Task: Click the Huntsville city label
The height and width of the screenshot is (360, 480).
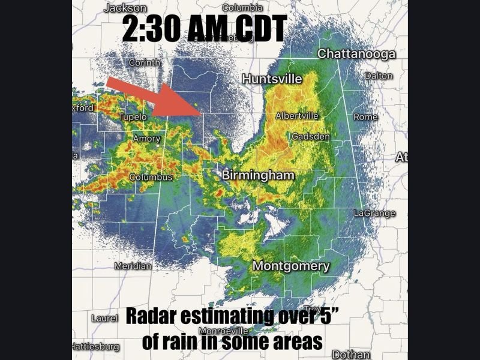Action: (x=272, y=79)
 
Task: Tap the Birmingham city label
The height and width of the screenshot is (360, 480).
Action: (x=258, y=175)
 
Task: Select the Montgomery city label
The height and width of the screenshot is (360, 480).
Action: (x=291, y=266)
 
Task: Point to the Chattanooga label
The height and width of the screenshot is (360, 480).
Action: (x=356, y=54)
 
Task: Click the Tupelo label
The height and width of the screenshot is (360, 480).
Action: (x=133, y=117)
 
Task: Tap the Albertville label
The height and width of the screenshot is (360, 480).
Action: (x=296, y=116)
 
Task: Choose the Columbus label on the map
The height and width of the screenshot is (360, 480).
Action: (x=151, y=177)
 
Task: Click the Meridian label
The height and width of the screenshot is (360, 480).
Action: (x=133, y=266)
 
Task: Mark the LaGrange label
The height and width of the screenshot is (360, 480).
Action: (x=374, y=213)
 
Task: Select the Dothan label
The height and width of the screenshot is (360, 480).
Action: (x=352, y=354)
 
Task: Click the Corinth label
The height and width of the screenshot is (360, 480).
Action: (x=144, y=62)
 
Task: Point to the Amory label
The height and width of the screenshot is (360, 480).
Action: (x=146, y=139)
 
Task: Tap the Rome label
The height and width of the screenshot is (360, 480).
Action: (x=365, y=116)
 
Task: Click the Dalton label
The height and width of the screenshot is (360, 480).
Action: (x=379, y=76)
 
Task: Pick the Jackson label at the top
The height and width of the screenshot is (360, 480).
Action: (x=125, y=8)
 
